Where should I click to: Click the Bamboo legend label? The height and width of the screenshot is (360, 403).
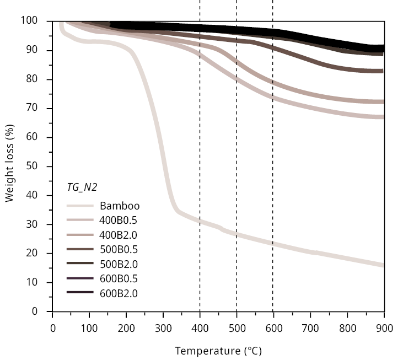120,206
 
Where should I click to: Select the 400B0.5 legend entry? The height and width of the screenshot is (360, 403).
118,221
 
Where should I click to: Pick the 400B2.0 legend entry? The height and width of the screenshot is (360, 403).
118,235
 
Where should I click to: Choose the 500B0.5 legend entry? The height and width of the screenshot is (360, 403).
118,250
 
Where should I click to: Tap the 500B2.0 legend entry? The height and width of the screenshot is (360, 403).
118,264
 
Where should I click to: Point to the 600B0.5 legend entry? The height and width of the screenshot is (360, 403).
118,279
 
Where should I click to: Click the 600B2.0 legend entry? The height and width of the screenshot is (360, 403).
118,293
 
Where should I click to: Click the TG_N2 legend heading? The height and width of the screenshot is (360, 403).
82,187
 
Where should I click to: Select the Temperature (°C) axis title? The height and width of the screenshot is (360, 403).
218,351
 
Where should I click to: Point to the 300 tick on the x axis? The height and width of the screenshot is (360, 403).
163,329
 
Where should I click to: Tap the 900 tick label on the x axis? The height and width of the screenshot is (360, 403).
384,329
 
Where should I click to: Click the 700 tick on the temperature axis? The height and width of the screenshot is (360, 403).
310,329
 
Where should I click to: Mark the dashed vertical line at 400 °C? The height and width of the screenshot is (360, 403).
200,138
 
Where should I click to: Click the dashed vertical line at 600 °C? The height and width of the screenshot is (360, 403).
273,165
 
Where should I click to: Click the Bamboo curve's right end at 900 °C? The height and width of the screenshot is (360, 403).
383,265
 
